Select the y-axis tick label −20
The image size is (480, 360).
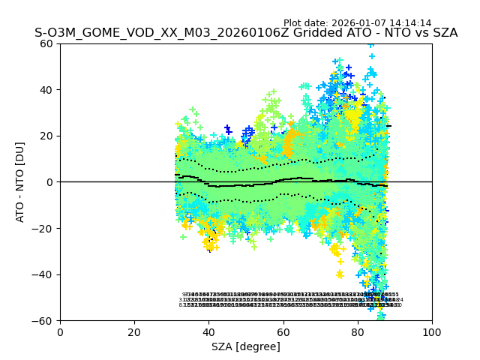click(45, 229)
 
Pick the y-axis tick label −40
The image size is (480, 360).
click(45, 274)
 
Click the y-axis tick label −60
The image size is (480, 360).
click(45, 321)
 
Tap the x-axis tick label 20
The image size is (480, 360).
click(134, 331)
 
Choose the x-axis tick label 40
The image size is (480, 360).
click(208, 331)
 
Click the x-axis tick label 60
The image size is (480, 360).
click(283, 331)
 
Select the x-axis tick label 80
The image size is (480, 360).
click(357, 331)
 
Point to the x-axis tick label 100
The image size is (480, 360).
click(432, 331)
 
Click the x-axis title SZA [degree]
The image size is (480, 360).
click(246, 346)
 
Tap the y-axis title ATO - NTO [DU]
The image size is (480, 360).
click(21, 182)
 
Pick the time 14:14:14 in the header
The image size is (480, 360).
click(411, 23)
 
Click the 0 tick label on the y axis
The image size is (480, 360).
click(52, 182)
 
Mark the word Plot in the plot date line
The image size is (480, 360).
click(293, 23)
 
